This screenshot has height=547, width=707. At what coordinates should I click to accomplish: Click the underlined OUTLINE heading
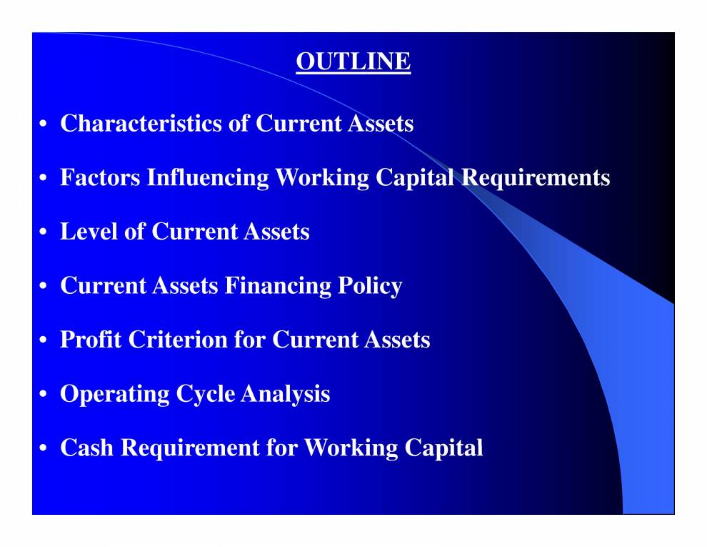point(353,62)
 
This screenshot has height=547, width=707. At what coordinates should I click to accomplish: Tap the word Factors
point(100,177)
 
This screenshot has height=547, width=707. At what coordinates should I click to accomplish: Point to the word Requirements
point(536,177)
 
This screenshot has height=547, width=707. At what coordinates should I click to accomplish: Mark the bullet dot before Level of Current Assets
point(44,232)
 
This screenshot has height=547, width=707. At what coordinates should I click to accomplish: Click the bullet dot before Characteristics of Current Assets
point(44,124)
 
